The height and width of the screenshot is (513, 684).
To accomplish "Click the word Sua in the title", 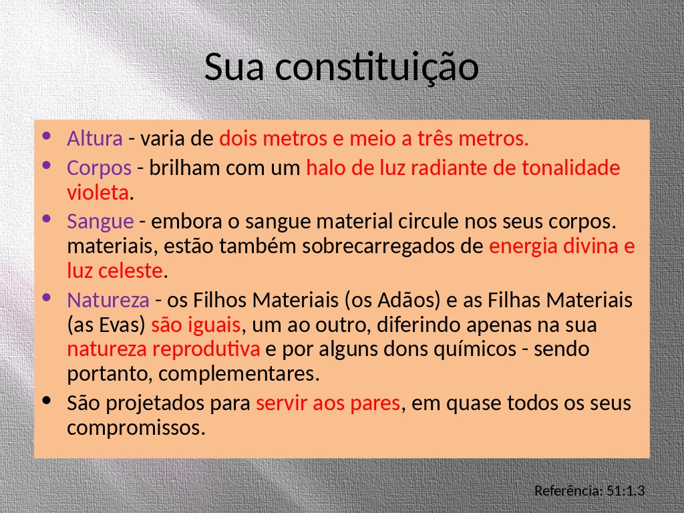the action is coord(234,67).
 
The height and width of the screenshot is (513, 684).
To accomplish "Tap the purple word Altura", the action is coord(95,138).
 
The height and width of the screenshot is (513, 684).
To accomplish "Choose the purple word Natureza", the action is coord(108,300).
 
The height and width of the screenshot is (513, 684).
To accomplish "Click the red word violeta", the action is coord(98,192).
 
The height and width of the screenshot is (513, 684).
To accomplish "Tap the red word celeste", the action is coord(130,271).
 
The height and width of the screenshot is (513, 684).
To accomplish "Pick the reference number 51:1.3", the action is coord(625,491).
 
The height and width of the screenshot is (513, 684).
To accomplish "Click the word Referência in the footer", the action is coord(569,491).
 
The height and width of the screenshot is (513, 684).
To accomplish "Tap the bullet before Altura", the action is coord(47,136).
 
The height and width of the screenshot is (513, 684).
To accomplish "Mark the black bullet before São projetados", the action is coord(47,400).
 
